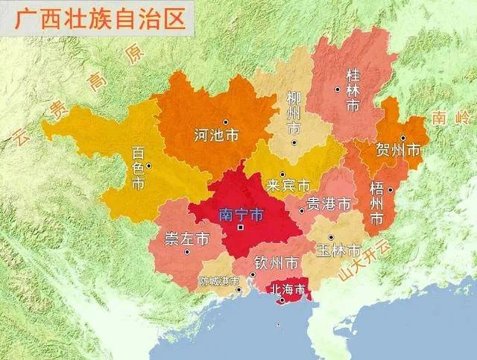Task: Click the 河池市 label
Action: tap(216, 136)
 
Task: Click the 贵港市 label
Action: tap(329, 203)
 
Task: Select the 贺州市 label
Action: tap(398, 151)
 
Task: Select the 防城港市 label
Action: tap(220, 282)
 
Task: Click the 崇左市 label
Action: tap(186, 240)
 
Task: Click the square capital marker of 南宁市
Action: tap(240, 227)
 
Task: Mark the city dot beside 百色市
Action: tap(148, 165)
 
